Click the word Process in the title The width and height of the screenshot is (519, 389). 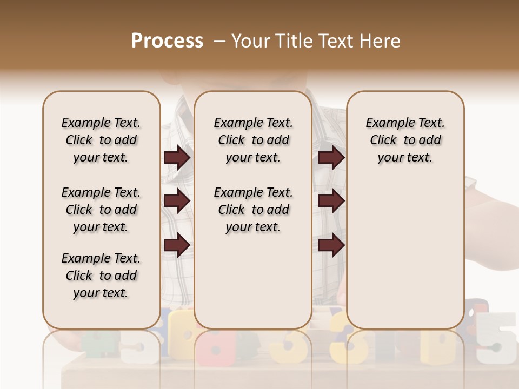click(167, 41)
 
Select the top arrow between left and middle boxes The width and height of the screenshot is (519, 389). click(177, 158)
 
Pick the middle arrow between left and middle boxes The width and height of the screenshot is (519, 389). click(177, 202)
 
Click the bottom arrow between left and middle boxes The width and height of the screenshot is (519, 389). click(177, 245)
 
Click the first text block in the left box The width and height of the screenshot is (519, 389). click(101, 140)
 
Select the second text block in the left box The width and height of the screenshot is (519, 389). click(101, 210)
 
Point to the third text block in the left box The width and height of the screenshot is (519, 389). click(101, 276)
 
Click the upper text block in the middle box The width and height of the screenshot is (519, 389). click(253, 140)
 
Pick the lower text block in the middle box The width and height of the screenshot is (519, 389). click(253, 210)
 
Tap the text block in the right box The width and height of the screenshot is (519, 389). click(405, 140)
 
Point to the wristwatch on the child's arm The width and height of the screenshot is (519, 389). click(471, 184)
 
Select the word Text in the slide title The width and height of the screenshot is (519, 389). click(335, 41)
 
